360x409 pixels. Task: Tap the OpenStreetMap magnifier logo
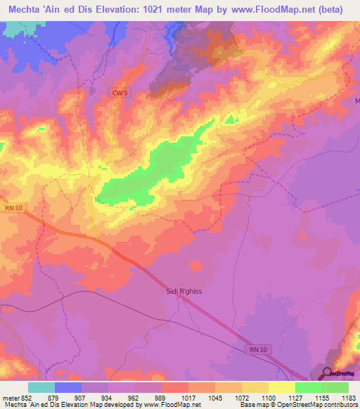pyautogui.click(x=328, y=373)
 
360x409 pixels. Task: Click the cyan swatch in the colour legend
pyautogui.click(x=41, y=387)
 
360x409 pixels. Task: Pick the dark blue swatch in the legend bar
pyautogui.click(x=68, y=387)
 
